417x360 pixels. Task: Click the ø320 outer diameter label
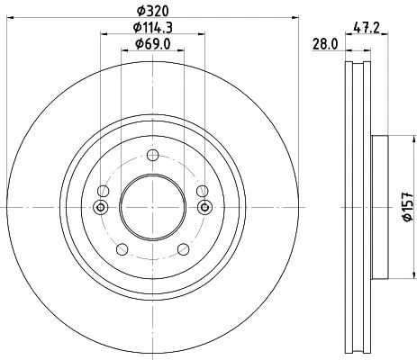pos(153,10)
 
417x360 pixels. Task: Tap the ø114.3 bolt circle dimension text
pos(153,27)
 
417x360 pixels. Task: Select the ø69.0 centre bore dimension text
pos(153,44)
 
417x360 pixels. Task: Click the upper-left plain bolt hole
pos(104,191)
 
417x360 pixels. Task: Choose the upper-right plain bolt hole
pos(203,191)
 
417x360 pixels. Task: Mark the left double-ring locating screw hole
pos(101,208)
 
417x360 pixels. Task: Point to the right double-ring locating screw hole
pos(205,208)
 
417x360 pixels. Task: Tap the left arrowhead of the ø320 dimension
pos(10,19)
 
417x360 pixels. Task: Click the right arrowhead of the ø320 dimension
pos(296,19)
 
